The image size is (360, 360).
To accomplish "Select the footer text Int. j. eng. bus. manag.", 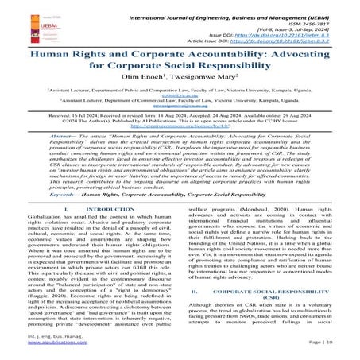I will (x=42, y=342).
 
